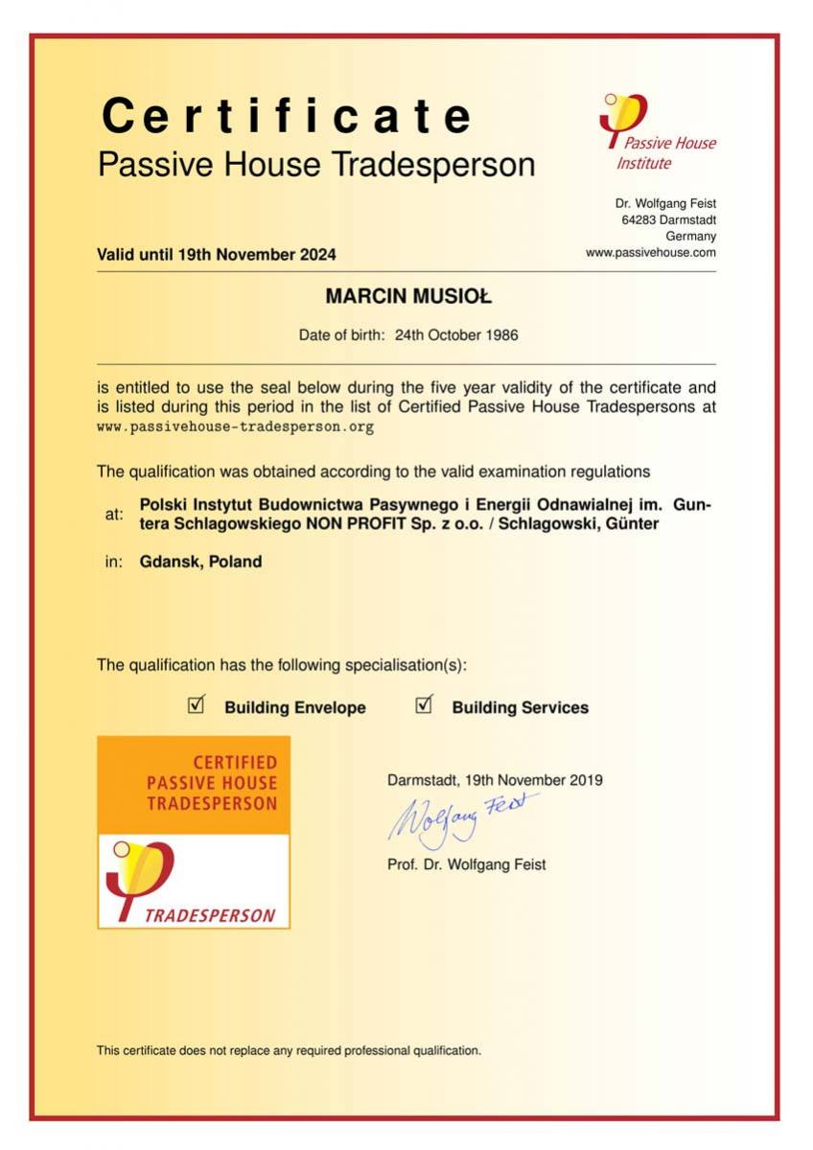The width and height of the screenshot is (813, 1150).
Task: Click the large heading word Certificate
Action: [287, 117]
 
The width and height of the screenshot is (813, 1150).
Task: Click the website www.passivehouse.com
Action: [650, 252]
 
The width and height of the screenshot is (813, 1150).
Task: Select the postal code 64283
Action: [639, 219]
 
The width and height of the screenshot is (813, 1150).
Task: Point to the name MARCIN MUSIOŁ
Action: [407, 297]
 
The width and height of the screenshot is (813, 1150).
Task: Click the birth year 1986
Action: [500, 335]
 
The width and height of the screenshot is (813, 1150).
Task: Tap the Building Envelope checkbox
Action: [197, 706]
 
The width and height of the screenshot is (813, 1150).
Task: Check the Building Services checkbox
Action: [424, 706]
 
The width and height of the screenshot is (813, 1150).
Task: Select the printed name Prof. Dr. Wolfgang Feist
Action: [466, 864]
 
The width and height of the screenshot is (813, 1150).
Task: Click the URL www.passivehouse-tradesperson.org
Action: [235, 427]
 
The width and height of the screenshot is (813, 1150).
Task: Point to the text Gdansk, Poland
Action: [200, 562]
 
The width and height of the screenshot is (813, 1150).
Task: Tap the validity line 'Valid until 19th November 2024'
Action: [217, 255]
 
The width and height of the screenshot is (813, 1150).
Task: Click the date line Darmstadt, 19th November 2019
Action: [495, 780]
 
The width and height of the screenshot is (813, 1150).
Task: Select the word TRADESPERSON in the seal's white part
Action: [209, 915]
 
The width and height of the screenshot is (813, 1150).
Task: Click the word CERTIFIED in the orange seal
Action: [234, 763]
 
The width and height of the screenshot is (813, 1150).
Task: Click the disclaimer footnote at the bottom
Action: [289, 1050]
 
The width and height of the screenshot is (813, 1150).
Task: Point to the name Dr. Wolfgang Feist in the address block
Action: [665, 203]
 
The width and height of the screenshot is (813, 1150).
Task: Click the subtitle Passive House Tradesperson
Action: [316, 165]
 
